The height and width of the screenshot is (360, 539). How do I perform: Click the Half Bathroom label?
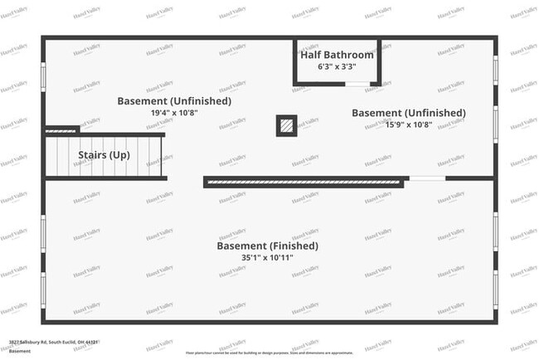pyautogui.click(x=337, y=55)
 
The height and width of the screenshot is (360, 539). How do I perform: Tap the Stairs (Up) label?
pyautogui.click(x=104, y=155)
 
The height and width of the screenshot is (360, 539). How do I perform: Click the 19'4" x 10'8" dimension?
pyautogui.click(x=174, y=113)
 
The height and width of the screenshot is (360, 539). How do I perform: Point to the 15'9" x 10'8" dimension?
pyautogui.click(x=408, y=126)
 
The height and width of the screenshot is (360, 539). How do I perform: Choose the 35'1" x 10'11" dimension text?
pyautogui.click(x=267, y=258)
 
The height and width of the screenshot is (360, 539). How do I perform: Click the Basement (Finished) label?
pyautogui.click(x=267, y=246)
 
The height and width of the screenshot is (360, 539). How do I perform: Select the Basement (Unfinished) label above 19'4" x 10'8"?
pyautogui.click(x=174, y=101)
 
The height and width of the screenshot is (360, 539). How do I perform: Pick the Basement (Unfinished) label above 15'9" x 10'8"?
pyautogui.click(x=408, y=113)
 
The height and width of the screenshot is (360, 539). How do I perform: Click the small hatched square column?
pyautogui.click(x=286, y=125)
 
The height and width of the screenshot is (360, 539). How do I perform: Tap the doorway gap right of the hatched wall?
pyautogui.click(x=425, y=178)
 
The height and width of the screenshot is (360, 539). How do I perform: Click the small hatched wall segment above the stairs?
pyautogui.click(x=61, y=130)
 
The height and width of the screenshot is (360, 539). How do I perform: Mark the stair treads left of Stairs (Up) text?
pyautogui.click(x=60, y=156)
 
